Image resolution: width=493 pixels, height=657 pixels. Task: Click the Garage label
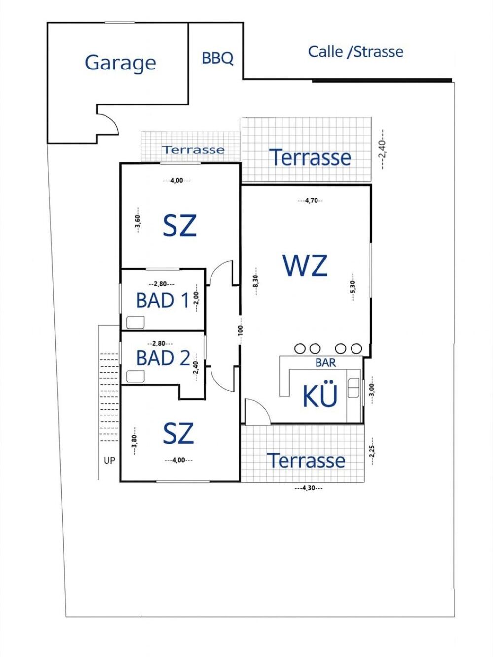(120, 63)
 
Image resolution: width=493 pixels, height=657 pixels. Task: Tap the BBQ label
(217, 58)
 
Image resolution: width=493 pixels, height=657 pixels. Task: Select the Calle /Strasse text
(355, 52)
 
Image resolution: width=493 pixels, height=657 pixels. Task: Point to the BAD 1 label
(163, 301)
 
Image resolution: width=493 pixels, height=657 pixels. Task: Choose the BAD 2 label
(163, 358)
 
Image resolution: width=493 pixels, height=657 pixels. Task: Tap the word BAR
(326, 363)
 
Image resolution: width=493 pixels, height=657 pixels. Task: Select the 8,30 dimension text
(256, 281)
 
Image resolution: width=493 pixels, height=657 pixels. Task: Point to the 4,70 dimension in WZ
(311, 201)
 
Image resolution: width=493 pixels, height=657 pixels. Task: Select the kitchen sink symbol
(353, 387)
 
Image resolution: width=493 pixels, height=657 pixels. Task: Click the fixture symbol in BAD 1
(135, 322)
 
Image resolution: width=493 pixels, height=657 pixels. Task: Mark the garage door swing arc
(112, 121)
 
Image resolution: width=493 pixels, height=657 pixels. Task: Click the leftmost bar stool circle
(300, 348)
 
